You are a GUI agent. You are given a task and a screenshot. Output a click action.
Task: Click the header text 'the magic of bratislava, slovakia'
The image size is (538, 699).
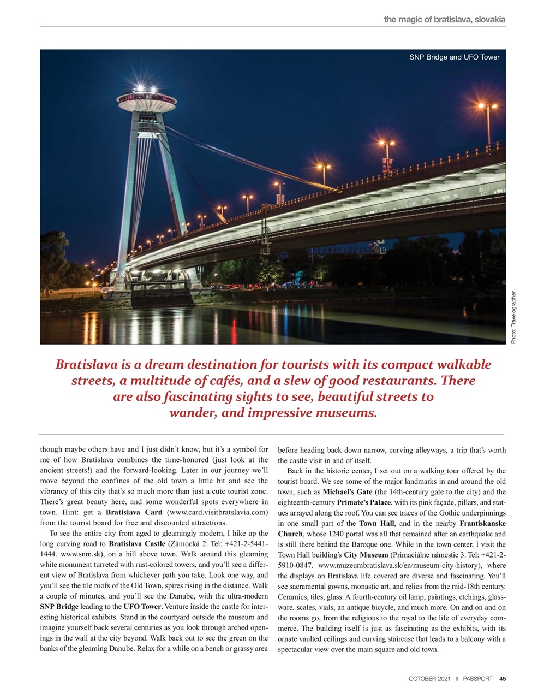tap(444, 20)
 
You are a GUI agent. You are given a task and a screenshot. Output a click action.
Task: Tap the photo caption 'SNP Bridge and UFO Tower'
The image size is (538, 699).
tap(454, 57)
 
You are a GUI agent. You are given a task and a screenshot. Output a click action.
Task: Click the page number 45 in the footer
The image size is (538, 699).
tap(502, 679)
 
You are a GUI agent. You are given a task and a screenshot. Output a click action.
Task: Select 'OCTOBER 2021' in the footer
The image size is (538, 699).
tap(429, 679)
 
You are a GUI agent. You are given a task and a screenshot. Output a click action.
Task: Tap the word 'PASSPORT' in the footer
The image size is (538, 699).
tap(477, 679)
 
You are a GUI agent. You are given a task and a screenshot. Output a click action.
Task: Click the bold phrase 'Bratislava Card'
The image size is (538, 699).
tap(134, 512)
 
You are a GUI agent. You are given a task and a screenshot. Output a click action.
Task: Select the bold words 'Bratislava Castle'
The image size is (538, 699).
tap(137, 544)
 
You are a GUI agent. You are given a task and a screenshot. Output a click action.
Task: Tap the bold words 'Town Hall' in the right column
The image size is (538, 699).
tap(376, 523)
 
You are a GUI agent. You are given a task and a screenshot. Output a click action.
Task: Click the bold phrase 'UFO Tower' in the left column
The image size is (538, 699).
tap(142, 607)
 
